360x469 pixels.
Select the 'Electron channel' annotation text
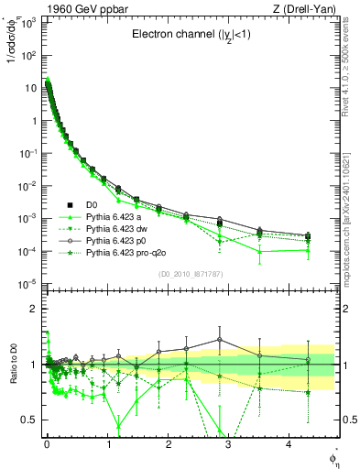[193, 38]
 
